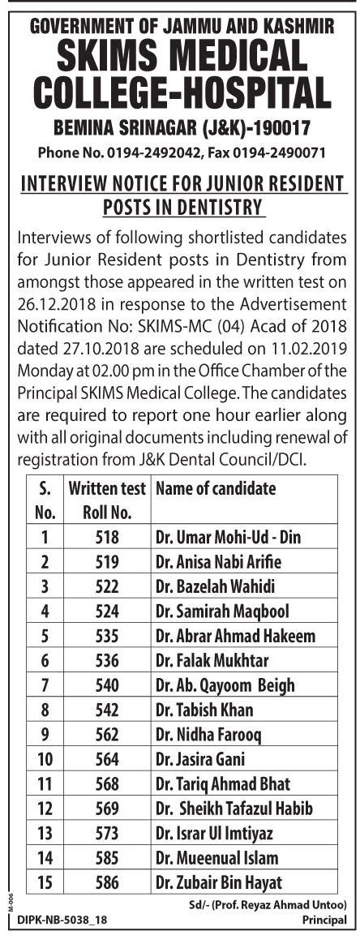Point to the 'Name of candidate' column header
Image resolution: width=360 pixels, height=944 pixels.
pyautogui.click(x=215, y=488)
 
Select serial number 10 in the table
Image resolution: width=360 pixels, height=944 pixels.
pyautogui.click(x=45, y=759)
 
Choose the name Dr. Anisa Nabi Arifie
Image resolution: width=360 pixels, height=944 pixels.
pyautogui.click(x=209, y=561)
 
